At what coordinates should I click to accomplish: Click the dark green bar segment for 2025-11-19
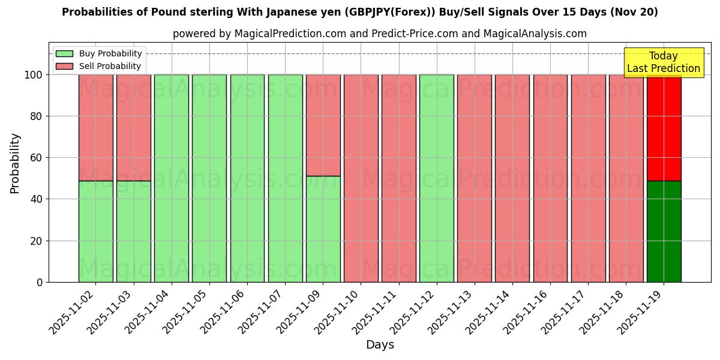point(664,231)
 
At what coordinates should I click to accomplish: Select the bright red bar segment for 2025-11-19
point(664,128)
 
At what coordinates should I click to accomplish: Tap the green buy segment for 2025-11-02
point(95,231)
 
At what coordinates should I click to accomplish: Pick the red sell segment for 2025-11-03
point(133,128)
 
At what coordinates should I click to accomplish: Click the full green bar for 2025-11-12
point(436,178)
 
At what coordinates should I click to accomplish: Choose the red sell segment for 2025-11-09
point(323,125)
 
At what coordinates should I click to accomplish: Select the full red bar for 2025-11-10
point(361,178)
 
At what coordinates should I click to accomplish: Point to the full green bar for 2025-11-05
point(209,178)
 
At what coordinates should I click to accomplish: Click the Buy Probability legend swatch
point(64,54)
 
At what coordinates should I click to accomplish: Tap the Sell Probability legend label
point(110,67)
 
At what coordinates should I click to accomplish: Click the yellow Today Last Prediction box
point(663,62)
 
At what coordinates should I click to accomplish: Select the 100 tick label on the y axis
point(33,75)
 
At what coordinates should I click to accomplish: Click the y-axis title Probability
point(15,163)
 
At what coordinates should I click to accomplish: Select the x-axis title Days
point(380,345)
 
